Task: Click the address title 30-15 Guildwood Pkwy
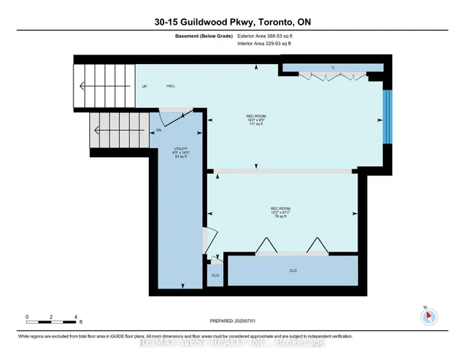232,22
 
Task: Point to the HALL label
171,86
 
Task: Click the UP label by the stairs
144,86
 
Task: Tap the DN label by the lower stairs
158,130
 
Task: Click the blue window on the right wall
387,116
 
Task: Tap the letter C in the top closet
333,68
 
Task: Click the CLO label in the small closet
215,276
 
